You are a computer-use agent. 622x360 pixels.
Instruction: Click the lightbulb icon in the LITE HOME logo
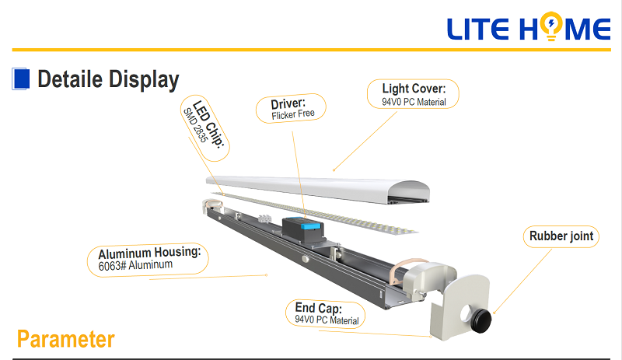(551, 28)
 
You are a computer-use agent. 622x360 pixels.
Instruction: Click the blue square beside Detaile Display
(21, 79)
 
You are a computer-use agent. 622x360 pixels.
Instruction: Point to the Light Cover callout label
(414, 94)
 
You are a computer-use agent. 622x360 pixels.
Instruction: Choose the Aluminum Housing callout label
(149, 259)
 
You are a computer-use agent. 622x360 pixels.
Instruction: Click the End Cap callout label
(327, 313)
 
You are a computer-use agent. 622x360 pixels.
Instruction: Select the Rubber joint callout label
(561, 236)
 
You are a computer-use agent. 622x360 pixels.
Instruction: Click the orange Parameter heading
(65, 340)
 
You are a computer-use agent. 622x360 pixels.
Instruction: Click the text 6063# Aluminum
(136, 264)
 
